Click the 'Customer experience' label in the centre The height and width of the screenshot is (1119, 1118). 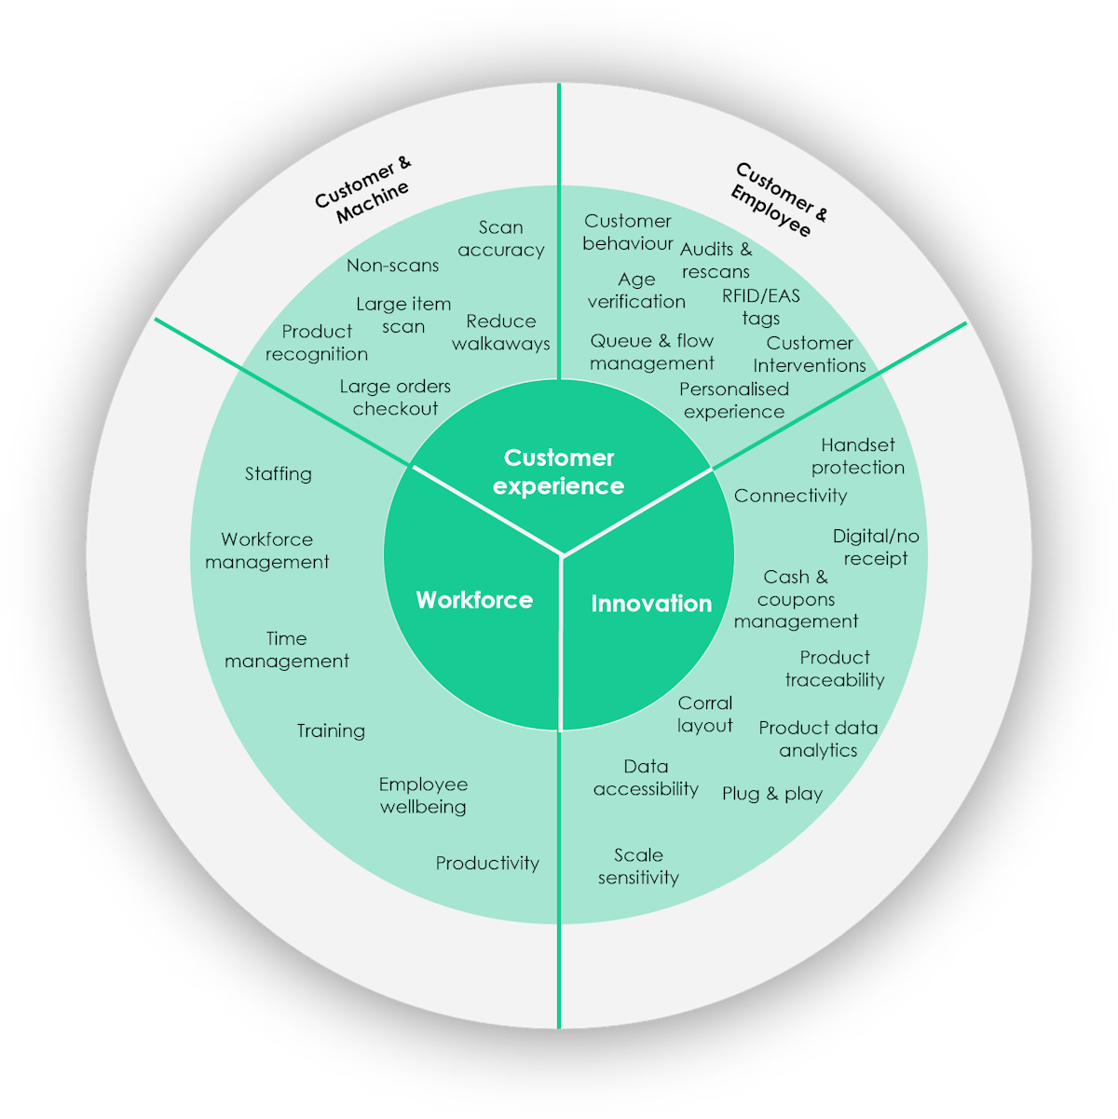[558, 471]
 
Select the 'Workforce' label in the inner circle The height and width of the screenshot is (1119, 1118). [474, 600]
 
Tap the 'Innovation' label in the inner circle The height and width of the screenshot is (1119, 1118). [651, 604]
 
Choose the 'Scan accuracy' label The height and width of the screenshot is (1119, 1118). [501, 239]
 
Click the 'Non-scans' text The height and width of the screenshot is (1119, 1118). [392, 266]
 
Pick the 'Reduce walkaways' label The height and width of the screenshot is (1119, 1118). [501, 333]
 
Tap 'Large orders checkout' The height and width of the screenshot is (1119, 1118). [395, 397]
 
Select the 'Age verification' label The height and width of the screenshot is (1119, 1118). [636, 291]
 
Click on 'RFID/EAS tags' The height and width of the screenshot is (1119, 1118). [761, 307]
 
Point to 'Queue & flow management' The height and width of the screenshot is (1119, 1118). [652, 352]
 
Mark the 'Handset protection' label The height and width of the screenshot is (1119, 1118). [858, 457]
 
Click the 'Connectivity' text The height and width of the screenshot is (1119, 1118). [791, 496]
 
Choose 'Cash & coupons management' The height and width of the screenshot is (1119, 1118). [796, 599]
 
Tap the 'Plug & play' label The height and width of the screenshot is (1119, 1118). [772, 794]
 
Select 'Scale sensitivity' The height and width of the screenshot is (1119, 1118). [638, 867]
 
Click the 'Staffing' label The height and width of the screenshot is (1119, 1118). [279, 473]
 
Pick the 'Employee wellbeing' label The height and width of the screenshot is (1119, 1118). [423, 796]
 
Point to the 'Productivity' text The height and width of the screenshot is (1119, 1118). [487, 864]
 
